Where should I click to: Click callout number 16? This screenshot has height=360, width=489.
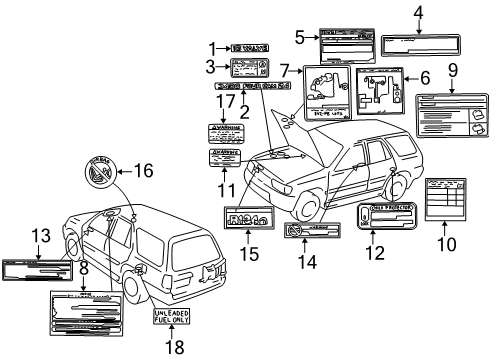tap(146, 171)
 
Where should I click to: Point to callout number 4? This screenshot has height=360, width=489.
tap(418, 12)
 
